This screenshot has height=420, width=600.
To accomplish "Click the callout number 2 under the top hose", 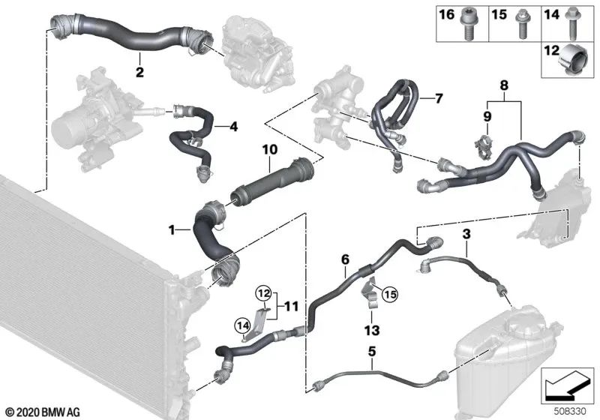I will point(139,72).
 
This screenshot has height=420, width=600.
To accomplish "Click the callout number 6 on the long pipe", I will point(345,259).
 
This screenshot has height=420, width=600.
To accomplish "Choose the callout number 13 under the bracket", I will point(372,329).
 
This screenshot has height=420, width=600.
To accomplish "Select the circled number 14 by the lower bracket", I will point(241,324).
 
